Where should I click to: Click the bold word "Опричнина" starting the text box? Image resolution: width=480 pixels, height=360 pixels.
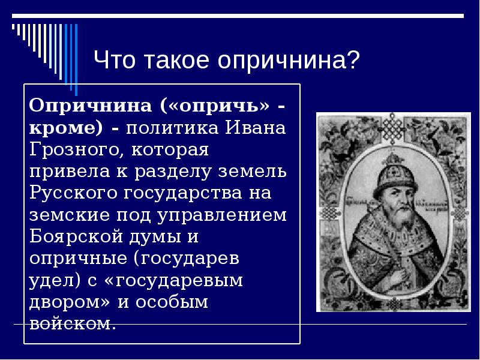tap(91, 106)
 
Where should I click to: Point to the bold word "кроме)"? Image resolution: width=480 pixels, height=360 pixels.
tap(66, 127)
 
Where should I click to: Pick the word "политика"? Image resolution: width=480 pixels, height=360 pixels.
tap(172, 127)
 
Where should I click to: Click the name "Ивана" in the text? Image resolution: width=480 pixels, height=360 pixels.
tap(256, 127)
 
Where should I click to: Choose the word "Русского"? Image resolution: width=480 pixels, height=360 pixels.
tap(73, 193)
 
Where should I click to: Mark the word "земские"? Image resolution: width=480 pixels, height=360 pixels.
tap(70, 215)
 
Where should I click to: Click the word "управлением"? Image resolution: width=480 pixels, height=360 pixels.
tap(222, 215)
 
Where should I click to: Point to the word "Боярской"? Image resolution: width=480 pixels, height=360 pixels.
tap(76, 236)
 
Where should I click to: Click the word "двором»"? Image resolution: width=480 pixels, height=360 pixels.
tap(70, 302)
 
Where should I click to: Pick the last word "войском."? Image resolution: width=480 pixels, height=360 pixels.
tap(73, 324)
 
